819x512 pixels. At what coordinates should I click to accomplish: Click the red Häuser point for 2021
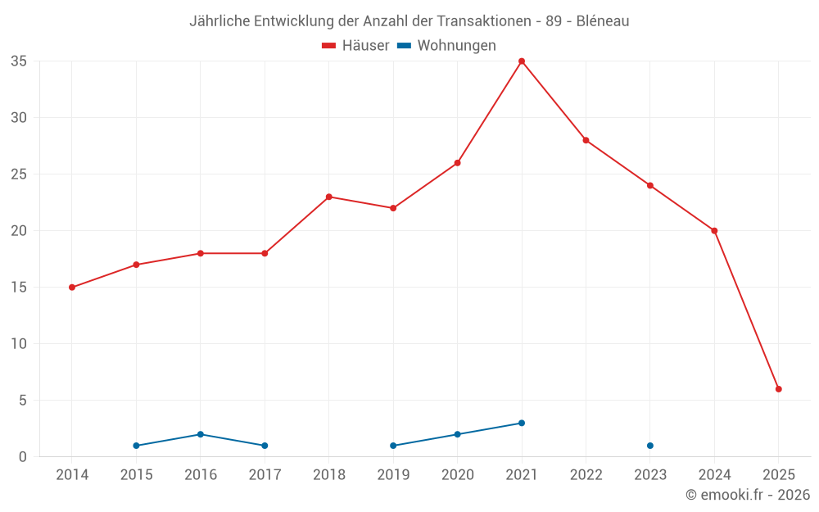[522, 61]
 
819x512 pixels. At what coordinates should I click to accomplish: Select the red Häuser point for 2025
[778, 389]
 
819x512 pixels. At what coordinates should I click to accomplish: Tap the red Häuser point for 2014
[72, 288]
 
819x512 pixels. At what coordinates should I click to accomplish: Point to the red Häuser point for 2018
[329, 197]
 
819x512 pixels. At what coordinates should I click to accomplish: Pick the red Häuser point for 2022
[586, 140]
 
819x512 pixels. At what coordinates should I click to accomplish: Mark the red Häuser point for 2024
[714, 231]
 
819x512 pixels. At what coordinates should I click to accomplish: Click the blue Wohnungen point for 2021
[522, 424]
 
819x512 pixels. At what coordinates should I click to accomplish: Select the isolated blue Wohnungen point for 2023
[650, 446]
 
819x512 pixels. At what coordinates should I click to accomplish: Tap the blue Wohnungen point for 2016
[201, 434]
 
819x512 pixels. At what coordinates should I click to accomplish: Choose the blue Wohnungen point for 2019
[393, 446]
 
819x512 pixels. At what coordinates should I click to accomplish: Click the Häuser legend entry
[355, 46]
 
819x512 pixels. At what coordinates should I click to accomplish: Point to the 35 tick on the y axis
[19, 61]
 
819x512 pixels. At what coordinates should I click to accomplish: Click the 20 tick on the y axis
[19, 231]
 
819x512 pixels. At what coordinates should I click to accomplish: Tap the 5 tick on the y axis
[23, 401]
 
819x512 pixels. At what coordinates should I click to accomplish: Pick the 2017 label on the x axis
[265, 475]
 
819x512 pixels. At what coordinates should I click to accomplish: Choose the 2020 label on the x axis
[457, 475]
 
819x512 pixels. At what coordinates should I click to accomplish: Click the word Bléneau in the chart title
[603, 21]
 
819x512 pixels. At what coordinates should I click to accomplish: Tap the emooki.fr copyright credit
[748, 495]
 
